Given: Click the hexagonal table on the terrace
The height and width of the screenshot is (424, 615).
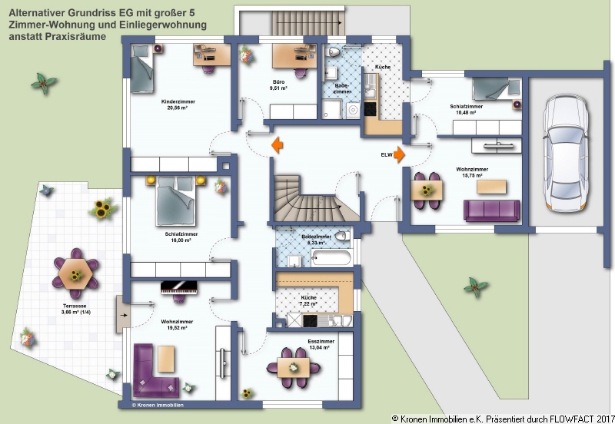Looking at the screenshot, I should (x=76, y=272).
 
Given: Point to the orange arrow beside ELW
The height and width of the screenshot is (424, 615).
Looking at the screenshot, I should (x=399, y=154).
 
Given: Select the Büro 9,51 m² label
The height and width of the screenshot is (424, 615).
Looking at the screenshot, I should (x=278, y=84).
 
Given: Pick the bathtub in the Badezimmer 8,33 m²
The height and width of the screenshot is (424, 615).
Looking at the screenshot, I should (x=321, y=257).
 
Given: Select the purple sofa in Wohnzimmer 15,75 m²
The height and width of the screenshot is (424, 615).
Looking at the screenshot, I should (x=492, y=210).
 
